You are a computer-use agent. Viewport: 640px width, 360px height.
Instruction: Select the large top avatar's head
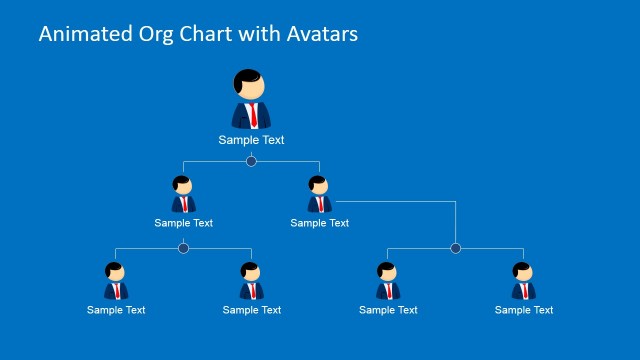pos(251,85)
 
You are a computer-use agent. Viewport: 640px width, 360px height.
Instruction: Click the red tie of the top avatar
pos(252,114)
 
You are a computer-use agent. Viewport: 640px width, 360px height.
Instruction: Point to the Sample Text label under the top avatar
pos(252,140)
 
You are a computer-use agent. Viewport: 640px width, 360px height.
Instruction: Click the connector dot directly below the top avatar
pos(251,161)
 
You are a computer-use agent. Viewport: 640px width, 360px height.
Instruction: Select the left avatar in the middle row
pos(183,195)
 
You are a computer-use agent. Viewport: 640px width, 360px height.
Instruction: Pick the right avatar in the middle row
pos(319,195)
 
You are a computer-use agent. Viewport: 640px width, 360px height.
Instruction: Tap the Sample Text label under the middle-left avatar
pos(184,223)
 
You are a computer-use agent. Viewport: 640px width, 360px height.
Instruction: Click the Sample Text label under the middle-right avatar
pos(320,223)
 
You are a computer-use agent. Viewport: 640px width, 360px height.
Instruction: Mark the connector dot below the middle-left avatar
pos(183,248)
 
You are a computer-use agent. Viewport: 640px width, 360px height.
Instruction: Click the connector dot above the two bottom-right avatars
pos(456,248)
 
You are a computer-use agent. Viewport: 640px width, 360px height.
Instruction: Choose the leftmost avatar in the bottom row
pos(115,281)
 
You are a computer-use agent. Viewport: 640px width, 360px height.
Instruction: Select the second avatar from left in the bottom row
pos(251,281)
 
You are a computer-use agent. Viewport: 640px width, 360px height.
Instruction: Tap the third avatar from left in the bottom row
pos(387,281)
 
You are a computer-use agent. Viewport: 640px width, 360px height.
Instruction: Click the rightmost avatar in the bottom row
pos(523,281)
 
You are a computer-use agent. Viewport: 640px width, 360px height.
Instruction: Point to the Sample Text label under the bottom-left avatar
pos(116,310)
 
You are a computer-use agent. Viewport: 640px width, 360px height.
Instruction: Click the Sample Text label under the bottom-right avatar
pos(524,310)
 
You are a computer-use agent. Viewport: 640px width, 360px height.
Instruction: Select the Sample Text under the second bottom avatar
pos(252,310)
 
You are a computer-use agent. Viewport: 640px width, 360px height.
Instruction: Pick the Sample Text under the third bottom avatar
pos(388,310)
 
